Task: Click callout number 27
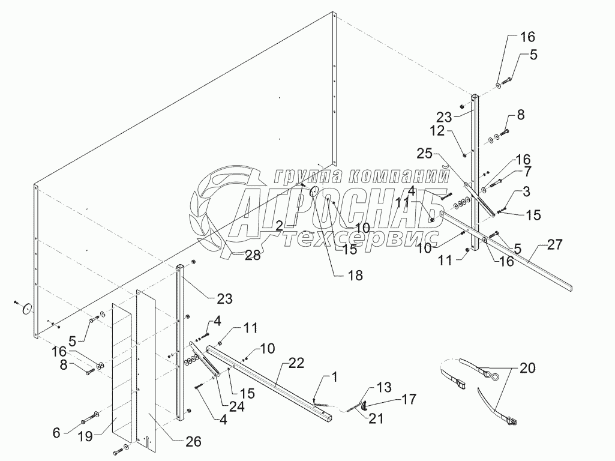[x=554, y=245]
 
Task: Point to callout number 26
[x=192, y=442]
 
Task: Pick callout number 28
[x=252, y=255]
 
